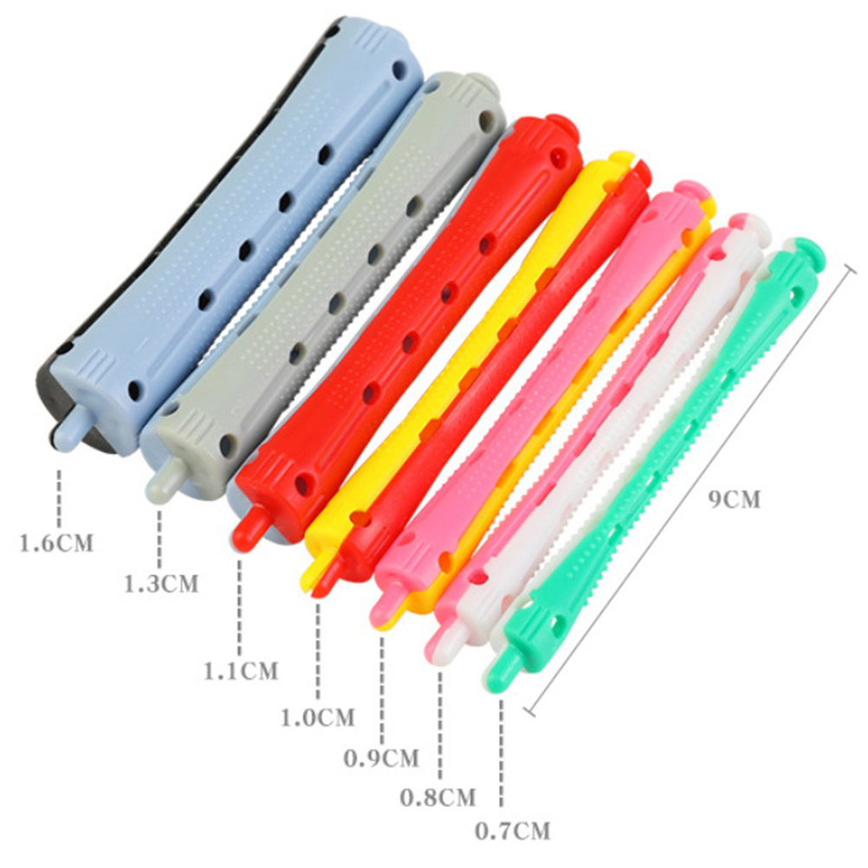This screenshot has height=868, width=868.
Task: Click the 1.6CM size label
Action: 56,542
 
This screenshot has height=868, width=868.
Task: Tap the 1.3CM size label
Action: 160,584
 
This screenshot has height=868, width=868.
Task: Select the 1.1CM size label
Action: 241,671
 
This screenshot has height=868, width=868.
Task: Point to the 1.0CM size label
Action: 318,718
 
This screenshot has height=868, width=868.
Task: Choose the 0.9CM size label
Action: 381,758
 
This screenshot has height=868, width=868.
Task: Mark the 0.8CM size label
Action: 437,798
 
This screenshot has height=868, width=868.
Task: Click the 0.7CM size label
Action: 513,831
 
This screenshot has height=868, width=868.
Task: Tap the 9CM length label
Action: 735,499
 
